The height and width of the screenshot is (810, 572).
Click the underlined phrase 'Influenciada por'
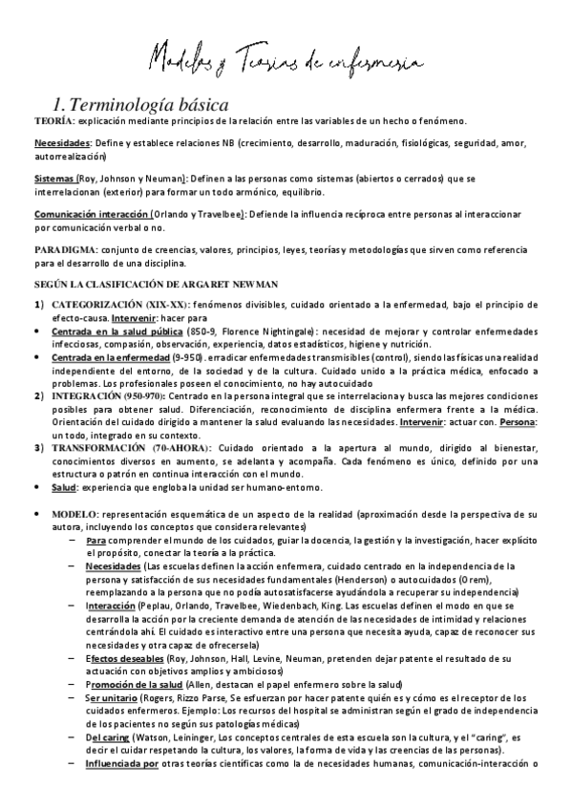(121, 764)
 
